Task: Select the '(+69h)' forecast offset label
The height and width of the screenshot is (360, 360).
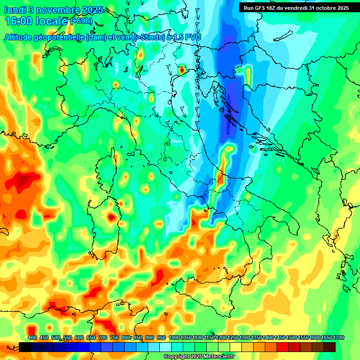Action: (x=81, y=21)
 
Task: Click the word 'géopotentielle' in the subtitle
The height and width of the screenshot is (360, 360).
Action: (x=61, y=37)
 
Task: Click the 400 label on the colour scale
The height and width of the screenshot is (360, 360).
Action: (x=32, y=337)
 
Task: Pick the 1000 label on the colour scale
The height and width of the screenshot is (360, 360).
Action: (x=174, y=337)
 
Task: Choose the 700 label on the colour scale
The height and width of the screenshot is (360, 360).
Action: (x=103, y=337)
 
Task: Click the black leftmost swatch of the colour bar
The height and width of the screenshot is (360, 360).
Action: (x=25, y=347)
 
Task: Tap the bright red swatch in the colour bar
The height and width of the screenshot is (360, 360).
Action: (x=283, y=347)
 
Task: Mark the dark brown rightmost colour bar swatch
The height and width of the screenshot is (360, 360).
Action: (x=330, y=347)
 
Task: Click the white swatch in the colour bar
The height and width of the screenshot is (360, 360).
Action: (x=165, y=347)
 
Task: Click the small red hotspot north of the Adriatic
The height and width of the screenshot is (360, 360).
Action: (x=182, y=70)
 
